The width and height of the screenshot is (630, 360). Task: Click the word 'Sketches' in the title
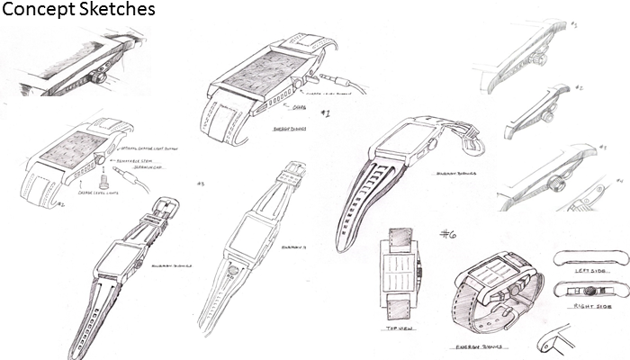tap(118, 10)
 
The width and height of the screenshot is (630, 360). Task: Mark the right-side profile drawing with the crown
tap(586, 291)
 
